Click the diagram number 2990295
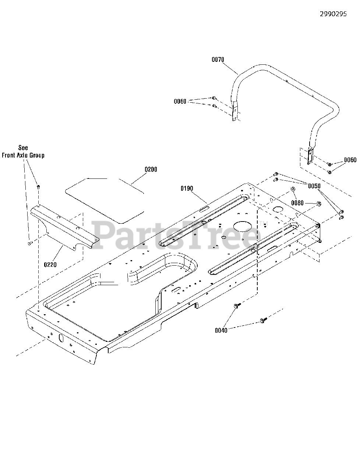(x=333, y=14)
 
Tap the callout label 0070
(x=218, y=60)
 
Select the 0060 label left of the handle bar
(x=180, y=101)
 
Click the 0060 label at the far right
(x=350, y=160)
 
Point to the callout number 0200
(x=151, y=169)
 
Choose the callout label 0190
(x=187, y=188)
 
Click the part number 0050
(x=314, y=186)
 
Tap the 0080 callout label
(x=297, y=203)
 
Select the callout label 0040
(x=221, y=330)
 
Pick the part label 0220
(x=50, y=265)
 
